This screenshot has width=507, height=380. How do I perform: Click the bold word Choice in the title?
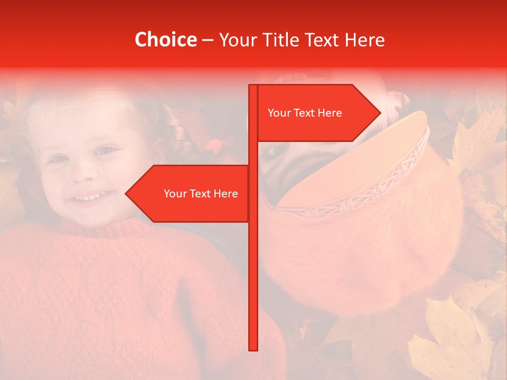pos(165,40)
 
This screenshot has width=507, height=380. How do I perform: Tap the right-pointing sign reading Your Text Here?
pos(312,113)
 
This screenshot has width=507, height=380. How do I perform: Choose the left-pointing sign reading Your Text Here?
pos(195,194)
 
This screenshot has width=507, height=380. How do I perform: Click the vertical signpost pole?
pos(253,264)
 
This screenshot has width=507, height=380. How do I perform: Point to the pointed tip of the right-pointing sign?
pos(380,112)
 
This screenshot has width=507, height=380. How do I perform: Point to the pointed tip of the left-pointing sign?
pos(126,194)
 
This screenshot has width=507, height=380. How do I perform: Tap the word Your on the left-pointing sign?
pos(175,194)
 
